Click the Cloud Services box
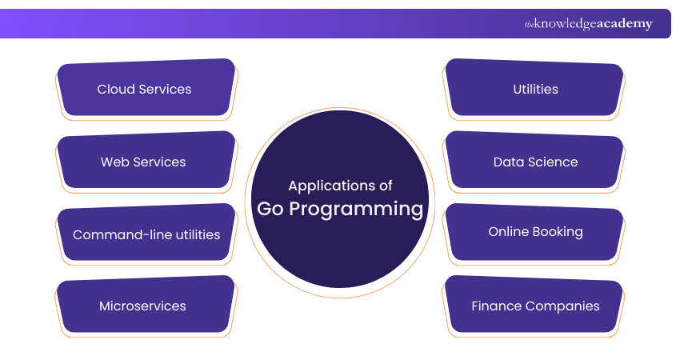coord(145,89)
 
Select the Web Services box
coord(145,162)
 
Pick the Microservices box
coord(145,306)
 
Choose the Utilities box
coord(535,89)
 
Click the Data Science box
coord(535,162)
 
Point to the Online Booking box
coord(535,232)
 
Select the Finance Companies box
coord(535,306)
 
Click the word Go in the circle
coord(270,209)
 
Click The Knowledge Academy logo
coord(589,24)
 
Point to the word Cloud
coord(116,89)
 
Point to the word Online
coord(508,232)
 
